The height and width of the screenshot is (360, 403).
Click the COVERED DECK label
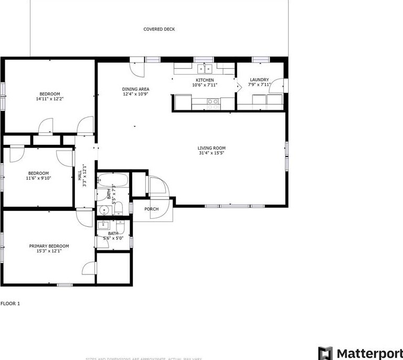point(159,29)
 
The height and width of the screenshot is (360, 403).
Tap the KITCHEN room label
point(205,80)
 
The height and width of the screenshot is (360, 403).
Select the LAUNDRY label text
point(259,80)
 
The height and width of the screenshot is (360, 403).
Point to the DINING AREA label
point(136,89)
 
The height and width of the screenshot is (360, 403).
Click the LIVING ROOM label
point(211,148)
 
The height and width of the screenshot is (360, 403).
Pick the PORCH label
point(152,209)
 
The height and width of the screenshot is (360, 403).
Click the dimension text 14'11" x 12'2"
point(50,99)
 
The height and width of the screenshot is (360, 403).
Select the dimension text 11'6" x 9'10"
point(38,178)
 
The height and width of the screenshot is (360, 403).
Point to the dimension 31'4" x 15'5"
point(211,153)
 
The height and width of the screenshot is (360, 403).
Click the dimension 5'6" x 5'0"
point(113,239)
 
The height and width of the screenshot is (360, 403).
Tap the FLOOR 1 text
point(10,303)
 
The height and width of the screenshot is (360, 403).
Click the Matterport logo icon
point(325,353)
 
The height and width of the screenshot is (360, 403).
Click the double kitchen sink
point(205,68)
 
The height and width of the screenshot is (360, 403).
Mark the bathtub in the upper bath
point(113,181)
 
